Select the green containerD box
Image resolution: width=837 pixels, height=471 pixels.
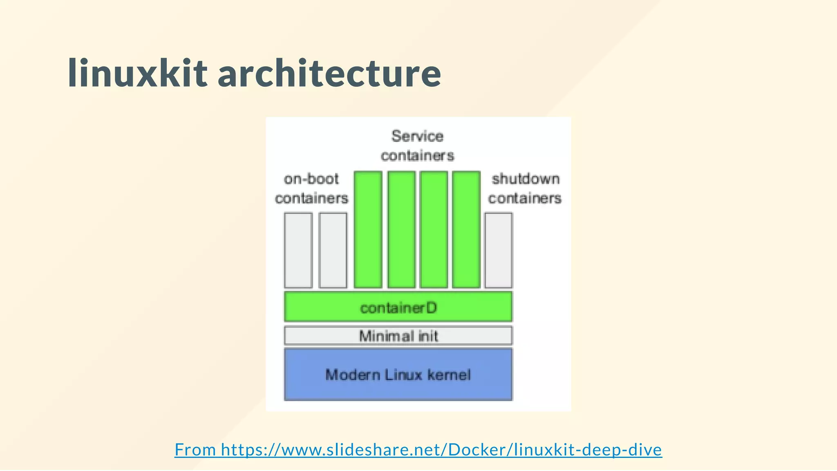398,307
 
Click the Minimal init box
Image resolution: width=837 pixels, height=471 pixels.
398,336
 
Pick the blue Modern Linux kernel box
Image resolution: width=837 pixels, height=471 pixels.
398,375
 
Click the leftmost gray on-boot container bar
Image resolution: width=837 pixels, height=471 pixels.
298,250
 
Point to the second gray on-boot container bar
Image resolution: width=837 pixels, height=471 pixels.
333,250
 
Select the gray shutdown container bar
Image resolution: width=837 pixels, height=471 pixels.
498,250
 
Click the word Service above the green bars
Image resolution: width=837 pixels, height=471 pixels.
417,136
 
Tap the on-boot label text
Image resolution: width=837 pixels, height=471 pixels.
311,179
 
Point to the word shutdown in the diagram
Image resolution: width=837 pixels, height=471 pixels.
526,179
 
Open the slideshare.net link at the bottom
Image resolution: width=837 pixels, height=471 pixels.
441,450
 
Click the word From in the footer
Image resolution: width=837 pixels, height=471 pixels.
195,450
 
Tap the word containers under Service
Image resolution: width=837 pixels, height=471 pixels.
417,156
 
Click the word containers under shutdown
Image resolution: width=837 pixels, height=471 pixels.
525,198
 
